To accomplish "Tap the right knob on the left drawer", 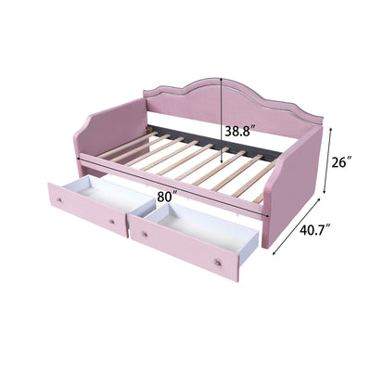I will [x=111, y=221].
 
